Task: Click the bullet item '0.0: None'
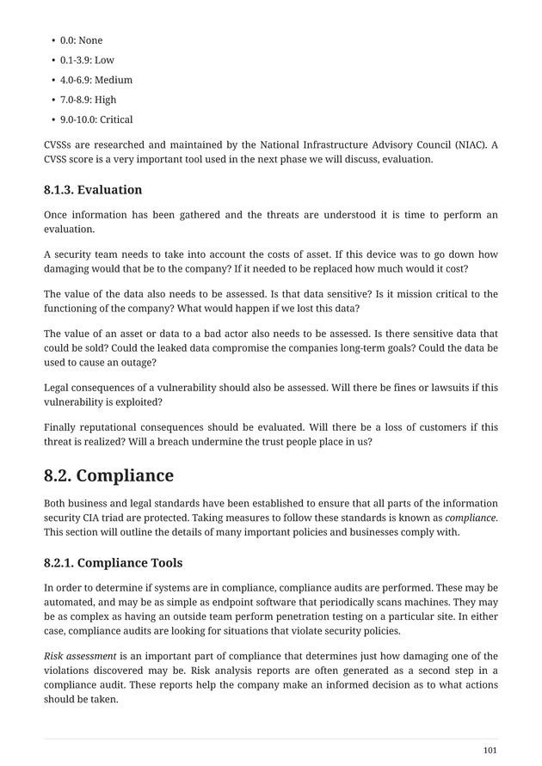[x=81, y=40]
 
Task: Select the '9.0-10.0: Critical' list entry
[x=96, y=119]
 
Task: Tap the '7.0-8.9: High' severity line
[x=88, y=100]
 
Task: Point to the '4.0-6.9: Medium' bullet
[x=96, y=80]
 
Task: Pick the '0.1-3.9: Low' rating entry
[x=87, y=60]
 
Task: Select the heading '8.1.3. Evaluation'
[x=93, y=189]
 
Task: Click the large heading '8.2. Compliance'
[x=108, y=475]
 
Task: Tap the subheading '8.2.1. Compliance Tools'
[x=113, y=563]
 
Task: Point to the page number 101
[x=490, y=751]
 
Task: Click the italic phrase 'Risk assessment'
[x=79, y=657]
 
